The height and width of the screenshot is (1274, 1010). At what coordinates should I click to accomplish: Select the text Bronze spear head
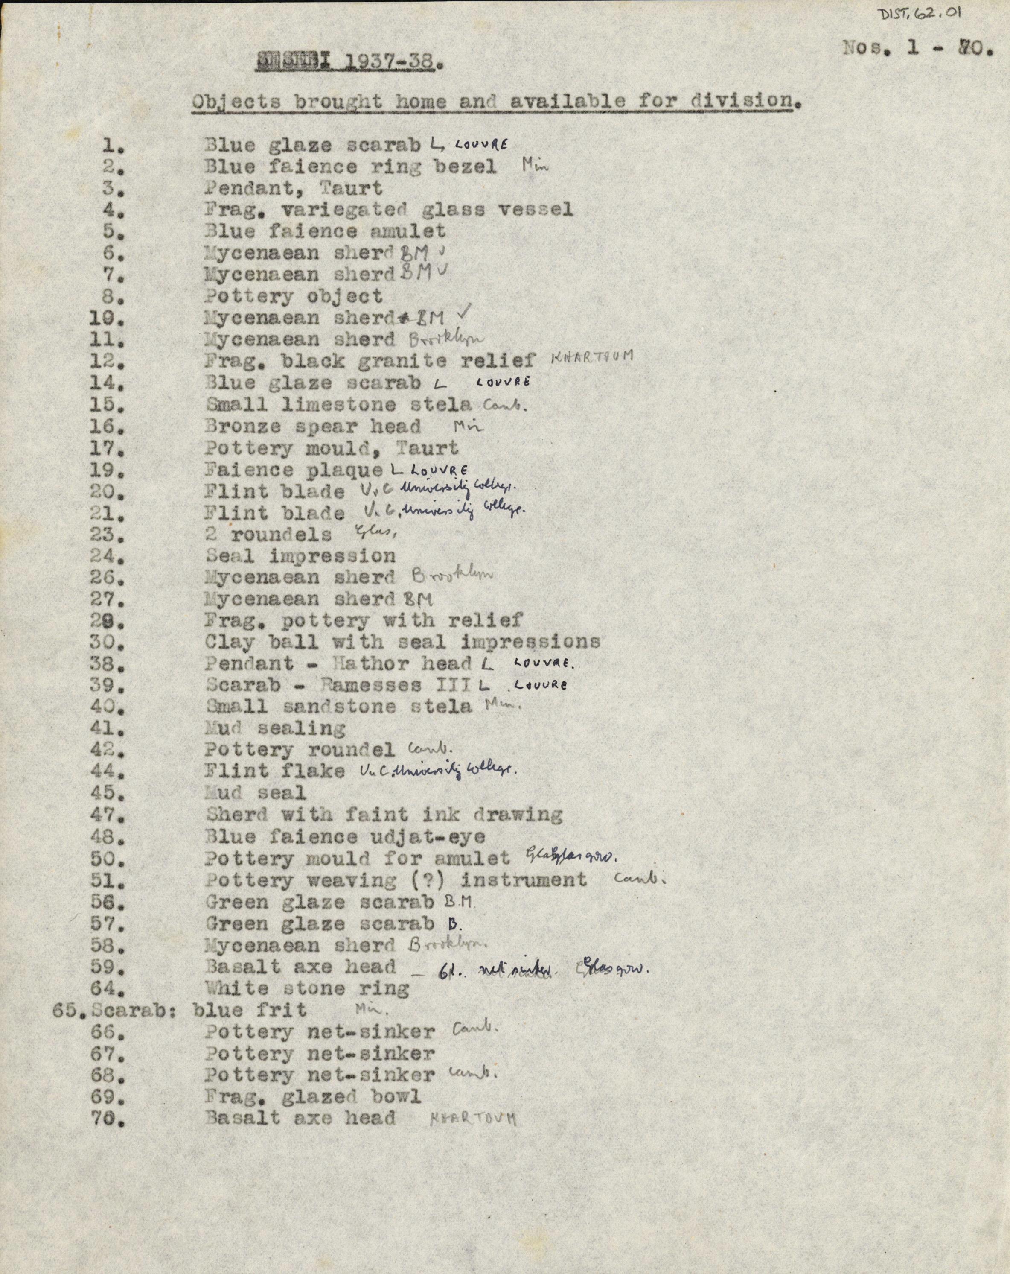tap(313, 427)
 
